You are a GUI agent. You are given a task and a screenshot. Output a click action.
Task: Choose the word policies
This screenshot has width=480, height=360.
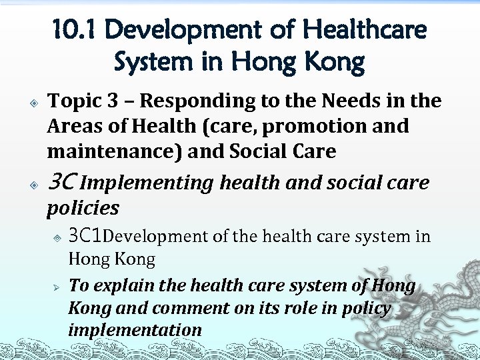pyautogui.click(x=83, y=208)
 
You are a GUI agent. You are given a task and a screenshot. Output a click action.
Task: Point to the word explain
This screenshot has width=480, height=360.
pyautogui.click(x=122, y=286)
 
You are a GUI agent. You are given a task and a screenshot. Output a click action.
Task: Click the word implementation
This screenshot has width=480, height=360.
pyautogui.click(x=135, y=330)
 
